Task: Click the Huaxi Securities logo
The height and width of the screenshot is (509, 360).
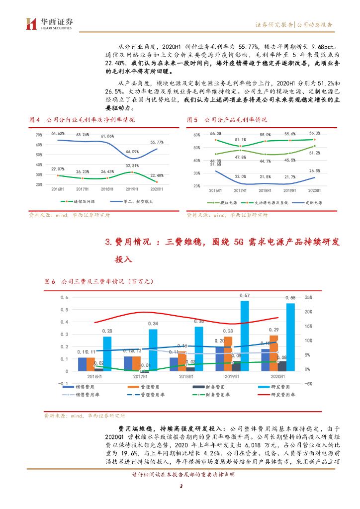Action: click(x=49, y=23)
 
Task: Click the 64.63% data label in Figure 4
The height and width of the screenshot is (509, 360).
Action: click(x=58, y=133)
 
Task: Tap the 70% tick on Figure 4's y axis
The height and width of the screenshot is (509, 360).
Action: click(x=38, y=135)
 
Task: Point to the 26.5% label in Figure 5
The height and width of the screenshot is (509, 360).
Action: click(x=315, y=171)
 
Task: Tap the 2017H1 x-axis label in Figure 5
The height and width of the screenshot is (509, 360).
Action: click(x=241, y=191)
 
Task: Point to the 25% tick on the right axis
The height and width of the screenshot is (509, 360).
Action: click(x=308, y=297)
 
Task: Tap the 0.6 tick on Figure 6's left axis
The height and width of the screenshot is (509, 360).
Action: click(x=64, y=297)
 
